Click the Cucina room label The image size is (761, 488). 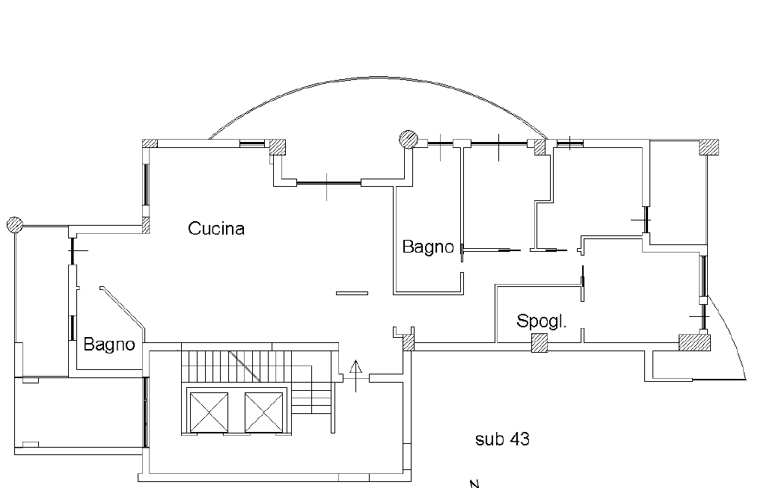pyautogui.click(x=216, y=228)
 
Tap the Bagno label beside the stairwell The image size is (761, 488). pyautogui.click(x=109, y=344)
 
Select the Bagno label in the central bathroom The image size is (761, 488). pyautogui.click(x=428, y=247)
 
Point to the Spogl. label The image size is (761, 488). pyautogui.click(x=541, y=321)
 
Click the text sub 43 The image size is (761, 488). pyautogui.click(x=502, y=439)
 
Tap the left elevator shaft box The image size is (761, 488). pyautogui.click(x=209, y=412)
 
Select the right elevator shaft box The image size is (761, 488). pyautogui.click(x=263, y=412)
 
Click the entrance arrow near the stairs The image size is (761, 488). pyautogui.click(x=355, y=376)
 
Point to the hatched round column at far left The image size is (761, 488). pyautogui.click(x=14, y=224)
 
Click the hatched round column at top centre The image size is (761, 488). pyautogui.click(x=408, y=139)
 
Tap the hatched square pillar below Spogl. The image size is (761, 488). pyautogui.click(x=540, y=343)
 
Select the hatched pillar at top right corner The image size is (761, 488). pyautogui.click(x=709, y=147)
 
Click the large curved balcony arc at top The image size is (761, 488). pyautogui.click(x=378, y=76)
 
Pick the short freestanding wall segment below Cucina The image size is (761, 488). pyautogui.click(x=352, y=293)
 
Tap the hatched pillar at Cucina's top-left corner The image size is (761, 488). pyautogui.click(x=150, y=143)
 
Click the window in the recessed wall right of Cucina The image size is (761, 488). pyautogui.click(x=328, y=182)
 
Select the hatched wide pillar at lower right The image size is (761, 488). pyautogui.click(x=694, y=342)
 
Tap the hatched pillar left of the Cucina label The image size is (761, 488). pyautogui.click(x=146, y=225)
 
